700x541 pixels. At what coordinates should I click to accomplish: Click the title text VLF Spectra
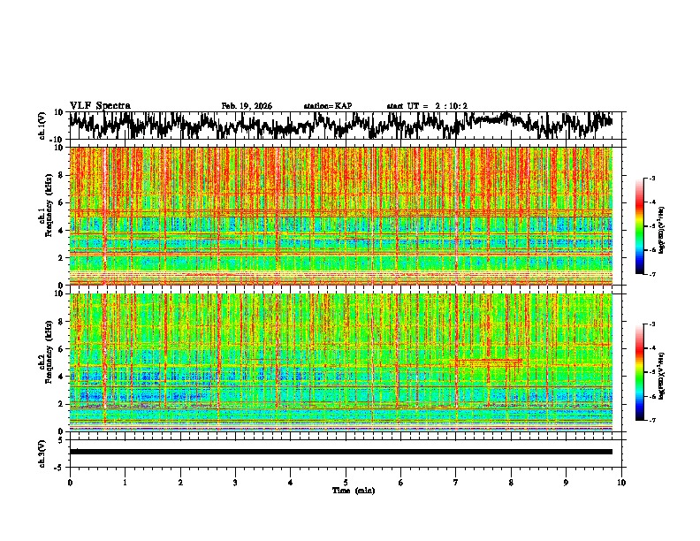[100, 106]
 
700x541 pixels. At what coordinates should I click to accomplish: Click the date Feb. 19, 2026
[247, 106]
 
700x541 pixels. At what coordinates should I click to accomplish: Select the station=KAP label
[328, 106]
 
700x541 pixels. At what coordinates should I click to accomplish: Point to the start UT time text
[427, 106]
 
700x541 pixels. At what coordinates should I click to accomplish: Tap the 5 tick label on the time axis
[346, 482]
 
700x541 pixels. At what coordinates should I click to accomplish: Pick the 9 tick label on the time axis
[567, 482]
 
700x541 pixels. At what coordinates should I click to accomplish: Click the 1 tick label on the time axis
[125, 482]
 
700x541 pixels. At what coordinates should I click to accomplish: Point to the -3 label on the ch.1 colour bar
[655, 179]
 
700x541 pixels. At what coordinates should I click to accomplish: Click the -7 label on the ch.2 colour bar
[655, 421]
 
